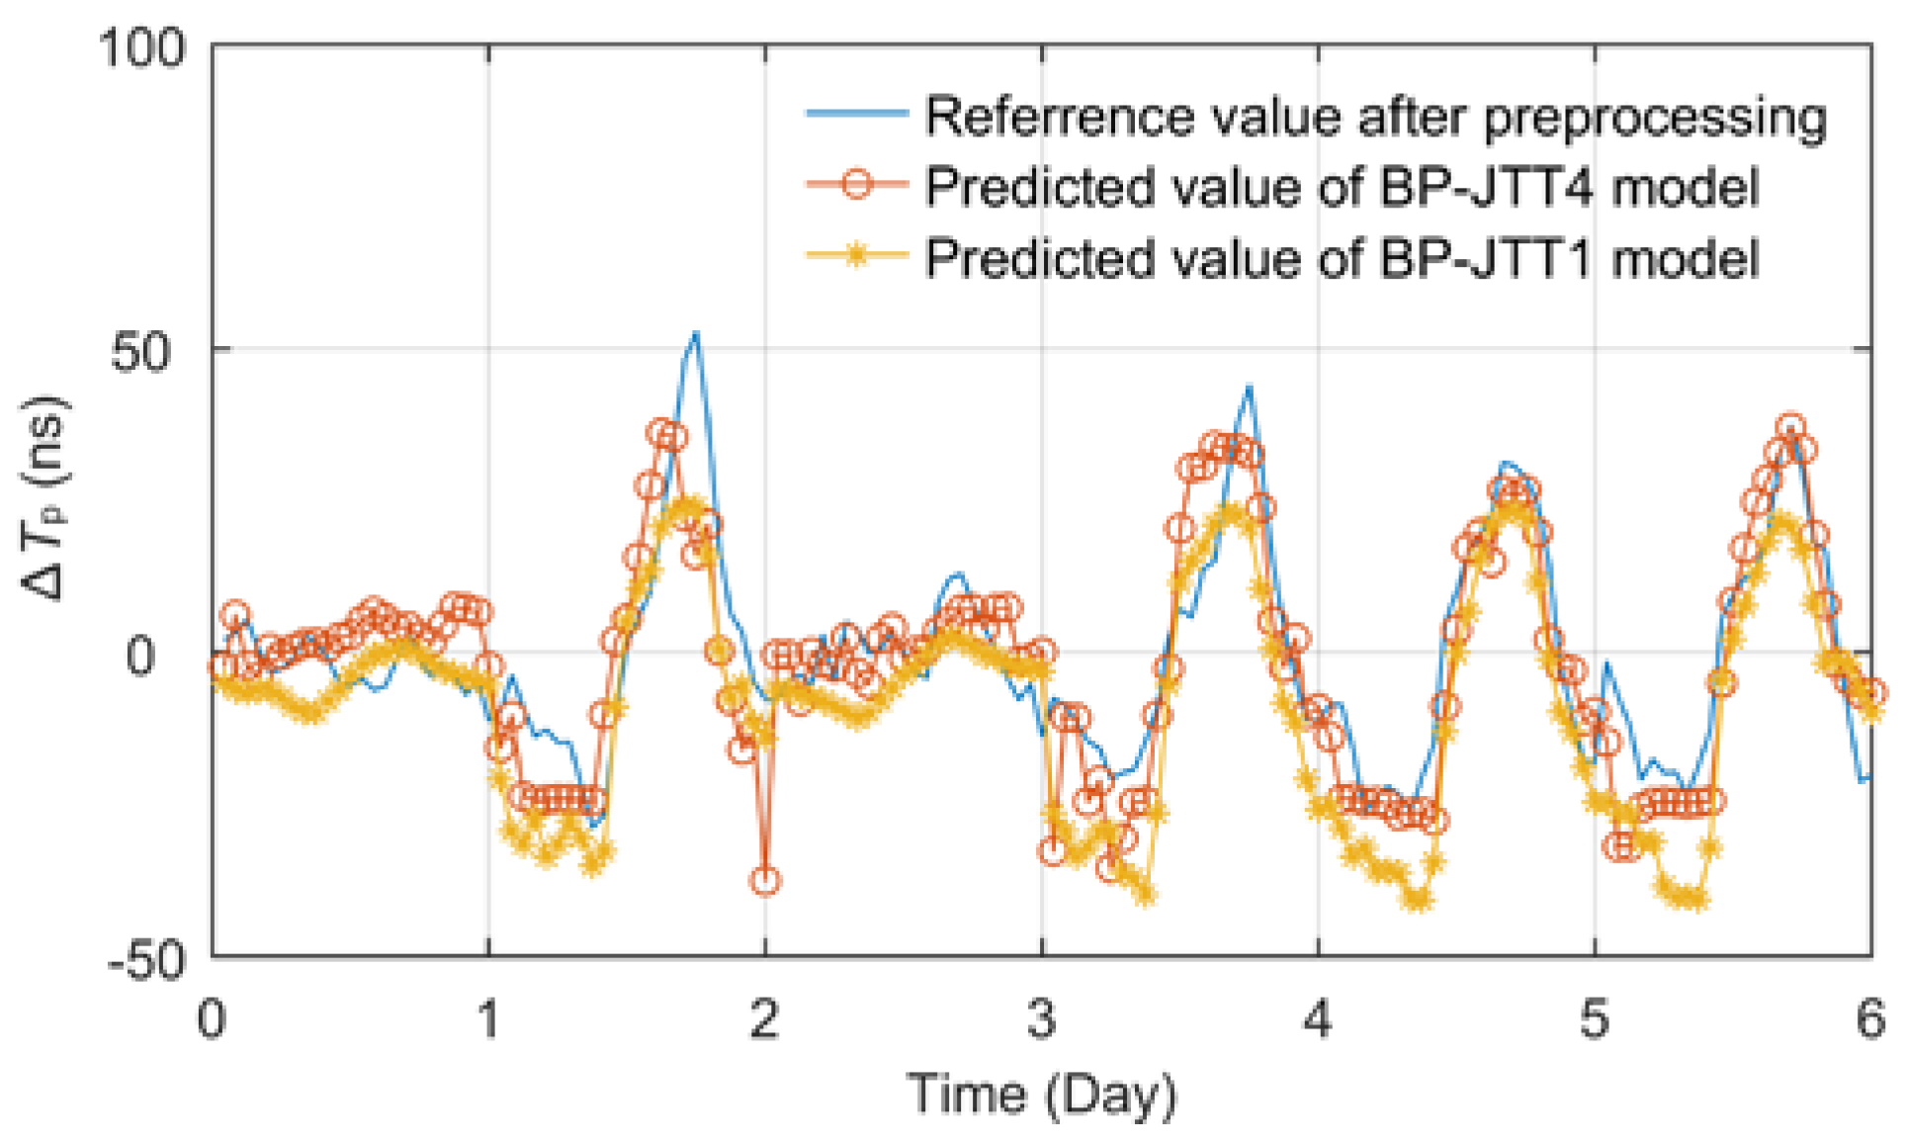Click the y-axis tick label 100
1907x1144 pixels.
(x=142, y=47)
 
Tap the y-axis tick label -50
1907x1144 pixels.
(x=146, y=959)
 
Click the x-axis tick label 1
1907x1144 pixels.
(x=488, y=1018)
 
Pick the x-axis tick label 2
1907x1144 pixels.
(x=764, y=1018)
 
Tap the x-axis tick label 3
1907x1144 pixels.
(x=1041, y=1018)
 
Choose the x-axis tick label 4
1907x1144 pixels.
(x=1317, y=1018)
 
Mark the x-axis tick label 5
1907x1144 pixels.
(x=1594, y=1018)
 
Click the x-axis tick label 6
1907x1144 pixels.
(x=1869, y=1018)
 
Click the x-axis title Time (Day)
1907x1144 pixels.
(x=1042, y=1096)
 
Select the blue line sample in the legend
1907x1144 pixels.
(x=856, y=114)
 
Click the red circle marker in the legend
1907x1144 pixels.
(x=857, y=185)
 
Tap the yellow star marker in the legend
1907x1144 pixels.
(x=857, y=256)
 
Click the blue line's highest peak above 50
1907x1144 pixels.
(x=696, y=333)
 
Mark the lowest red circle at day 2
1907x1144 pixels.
(x=765, y=880)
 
